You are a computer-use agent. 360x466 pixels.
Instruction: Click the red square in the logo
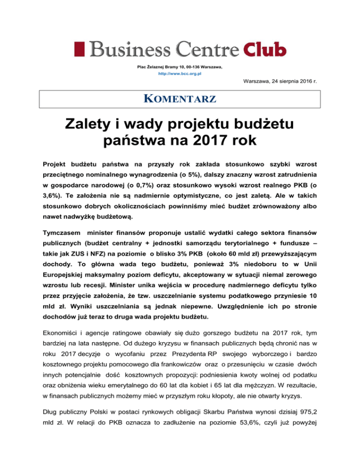point(78,48)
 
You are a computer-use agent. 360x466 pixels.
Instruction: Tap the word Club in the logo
point(264,48)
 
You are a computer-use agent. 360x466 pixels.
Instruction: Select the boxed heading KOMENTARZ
point(180,99)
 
